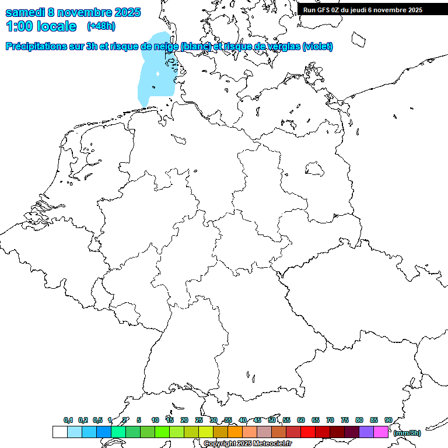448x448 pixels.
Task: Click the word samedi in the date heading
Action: coord(25,12)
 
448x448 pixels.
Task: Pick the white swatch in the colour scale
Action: coord(60,432)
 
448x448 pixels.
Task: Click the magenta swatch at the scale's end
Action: coord(381,432)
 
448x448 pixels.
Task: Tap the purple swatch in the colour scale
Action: coord(366,432)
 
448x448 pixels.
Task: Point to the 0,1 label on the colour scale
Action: coord(68,421)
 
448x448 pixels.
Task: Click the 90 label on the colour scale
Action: coord(388,421)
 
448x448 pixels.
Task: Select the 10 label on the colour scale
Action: coord(155,421)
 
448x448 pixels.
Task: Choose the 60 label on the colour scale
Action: coord(301,421)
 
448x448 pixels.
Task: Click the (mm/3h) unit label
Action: coord(407,433)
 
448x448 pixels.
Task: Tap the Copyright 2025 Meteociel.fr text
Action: coord(247,444)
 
